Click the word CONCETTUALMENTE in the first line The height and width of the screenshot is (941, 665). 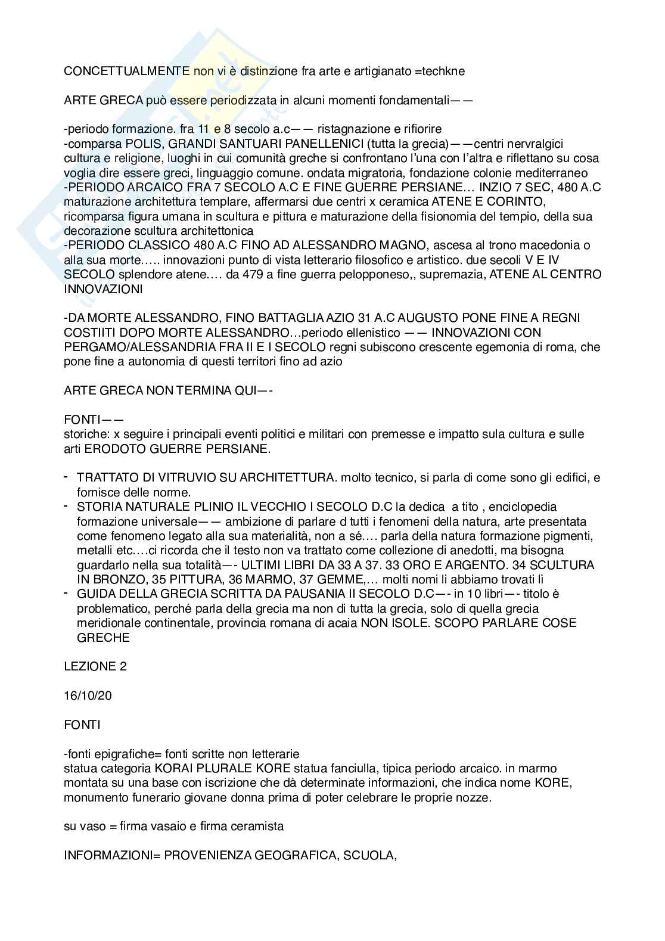[127, 71]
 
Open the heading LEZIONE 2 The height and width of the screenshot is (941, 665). [95, 666]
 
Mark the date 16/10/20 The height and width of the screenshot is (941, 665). [88, 695]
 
